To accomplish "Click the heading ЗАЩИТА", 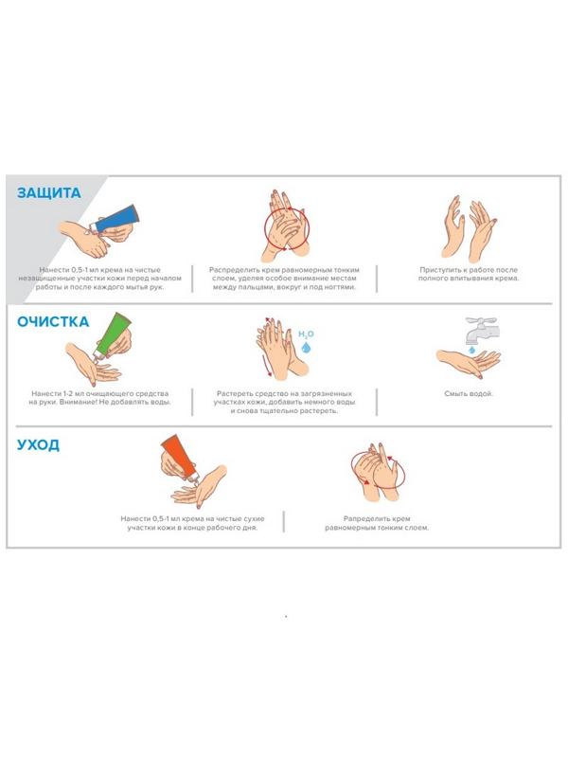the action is [x=49, y=193].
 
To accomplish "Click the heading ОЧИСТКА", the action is [x=53, y=322].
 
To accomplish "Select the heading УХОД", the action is [x=38, y=444].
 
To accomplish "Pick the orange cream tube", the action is [x=180, y=457].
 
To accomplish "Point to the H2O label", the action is [x=306, y=334].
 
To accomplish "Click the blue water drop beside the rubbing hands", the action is [x=305, y=347].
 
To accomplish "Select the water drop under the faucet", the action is [x=471, y=349].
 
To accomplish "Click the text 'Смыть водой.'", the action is [x=468, y=393].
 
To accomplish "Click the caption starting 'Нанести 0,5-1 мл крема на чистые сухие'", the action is [x=192, y=523].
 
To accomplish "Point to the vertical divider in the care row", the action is [x=283, y=522].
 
